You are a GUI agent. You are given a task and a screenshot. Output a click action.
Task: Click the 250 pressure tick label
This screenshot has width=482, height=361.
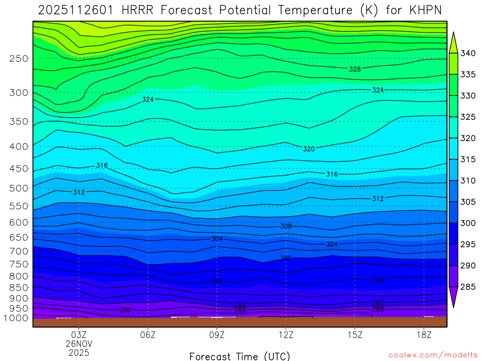(x=18, y=59)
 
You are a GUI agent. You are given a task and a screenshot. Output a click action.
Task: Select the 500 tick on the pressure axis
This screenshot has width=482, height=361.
(x=18, y=188)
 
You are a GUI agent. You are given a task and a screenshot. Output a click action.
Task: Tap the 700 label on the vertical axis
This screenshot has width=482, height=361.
(x=18, y=251)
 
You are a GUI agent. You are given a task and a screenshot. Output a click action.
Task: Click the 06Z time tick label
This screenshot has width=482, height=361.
(x=148, y=335)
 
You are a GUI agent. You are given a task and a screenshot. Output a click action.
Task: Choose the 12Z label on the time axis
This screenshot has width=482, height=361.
(x=286, y=335)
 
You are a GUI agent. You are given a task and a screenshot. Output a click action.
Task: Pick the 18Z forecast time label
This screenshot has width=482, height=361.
(x=424, y=335)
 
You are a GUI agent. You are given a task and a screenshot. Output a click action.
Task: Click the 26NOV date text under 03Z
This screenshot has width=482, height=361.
(x=79, y=344)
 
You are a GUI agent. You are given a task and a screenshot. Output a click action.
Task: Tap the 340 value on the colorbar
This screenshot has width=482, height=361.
(x=467, y=53)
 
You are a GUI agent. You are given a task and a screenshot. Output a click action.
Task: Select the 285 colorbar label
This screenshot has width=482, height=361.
(x=467, y=287)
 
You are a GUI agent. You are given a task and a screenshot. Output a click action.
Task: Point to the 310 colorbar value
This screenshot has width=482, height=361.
(x=467, y=181)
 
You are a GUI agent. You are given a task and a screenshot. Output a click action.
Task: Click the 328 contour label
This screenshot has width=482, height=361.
(x=355, y=69)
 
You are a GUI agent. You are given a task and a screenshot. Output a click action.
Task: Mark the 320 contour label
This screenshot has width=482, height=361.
(x=309, y=149)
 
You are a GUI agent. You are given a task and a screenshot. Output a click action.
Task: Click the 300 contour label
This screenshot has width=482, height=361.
(x=286, y=258)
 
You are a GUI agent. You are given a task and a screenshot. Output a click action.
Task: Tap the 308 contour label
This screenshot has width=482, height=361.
(x=286, y=226)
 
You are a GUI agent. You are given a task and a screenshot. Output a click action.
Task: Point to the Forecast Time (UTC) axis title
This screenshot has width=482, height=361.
(x=240, y=356)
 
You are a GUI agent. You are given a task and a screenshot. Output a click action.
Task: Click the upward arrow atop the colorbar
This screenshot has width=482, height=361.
(x=453, y=41)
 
